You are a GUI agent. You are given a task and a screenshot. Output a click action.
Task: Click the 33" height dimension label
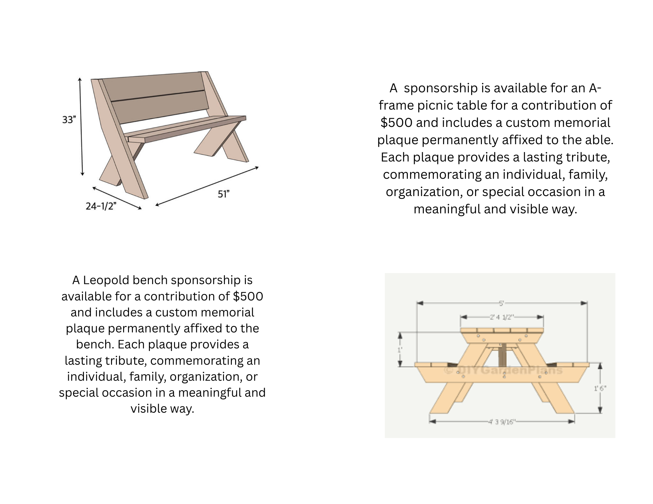click(x=69, y=120)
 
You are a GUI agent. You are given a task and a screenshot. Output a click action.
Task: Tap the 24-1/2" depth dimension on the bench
click(x=101, y=206)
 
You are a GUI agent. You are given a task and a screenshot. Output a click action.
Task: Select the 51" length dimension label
click(x=224, y=194)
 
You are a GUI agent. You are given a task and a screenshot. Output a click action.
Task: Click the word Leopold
click(x=106, y=280)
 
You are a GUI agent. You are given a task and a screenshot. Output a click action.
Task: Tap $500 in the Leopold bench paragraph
click(x=248, y=296)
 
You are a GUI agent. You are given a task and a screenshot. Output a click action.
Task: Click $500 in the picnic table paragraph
click(x=396, y=123)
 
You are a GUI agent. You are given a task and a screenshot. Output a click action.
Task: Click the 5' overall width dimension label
click(x=502, y=303)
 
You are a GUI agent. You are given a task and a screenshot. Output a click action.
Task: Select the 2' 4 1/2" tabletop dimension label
click(x=502, y=317)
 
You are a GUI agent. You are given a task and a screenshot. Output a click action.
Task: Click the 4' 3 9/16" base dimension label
click(x=502, y=422)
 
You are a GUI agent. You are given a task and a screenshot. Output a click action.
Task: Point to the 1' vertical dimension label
click(x=400, y=350)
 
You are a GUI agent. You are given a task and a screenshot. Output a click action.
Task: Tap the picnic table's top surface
click(x=502, y=330)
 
